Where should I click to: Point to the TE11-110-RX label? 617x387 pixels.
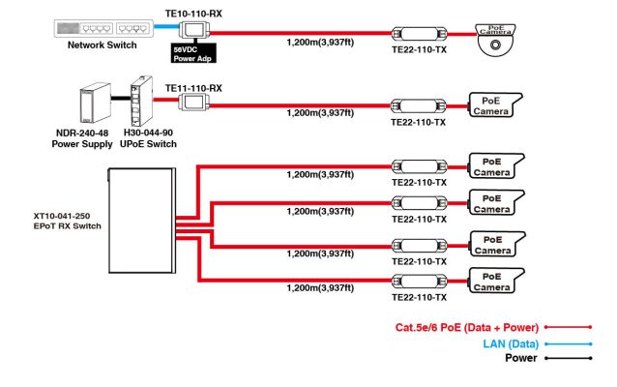[193, 88]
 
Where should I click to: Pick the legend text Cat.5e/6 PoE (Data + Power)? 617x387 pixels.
[466, 328]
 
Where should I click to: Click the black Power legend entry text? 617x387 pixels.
[521, 358]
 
